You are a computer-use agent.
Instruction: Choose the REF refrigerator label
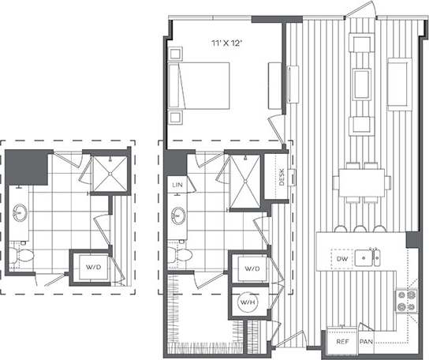point(342,343)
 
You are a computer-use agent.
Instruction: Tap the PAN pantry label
point(366,343)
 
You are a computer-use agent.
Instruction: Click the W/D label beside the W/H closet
point(252,268)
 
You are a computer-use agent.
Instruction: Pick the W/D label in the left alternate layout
point(93,268)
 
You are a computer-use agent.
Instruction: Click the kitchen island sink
point(367,257)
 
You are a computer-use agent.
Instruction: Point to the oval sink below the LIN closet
point(178,214)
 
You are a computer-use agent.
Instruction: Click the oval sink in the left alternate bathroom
point(20,214)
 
